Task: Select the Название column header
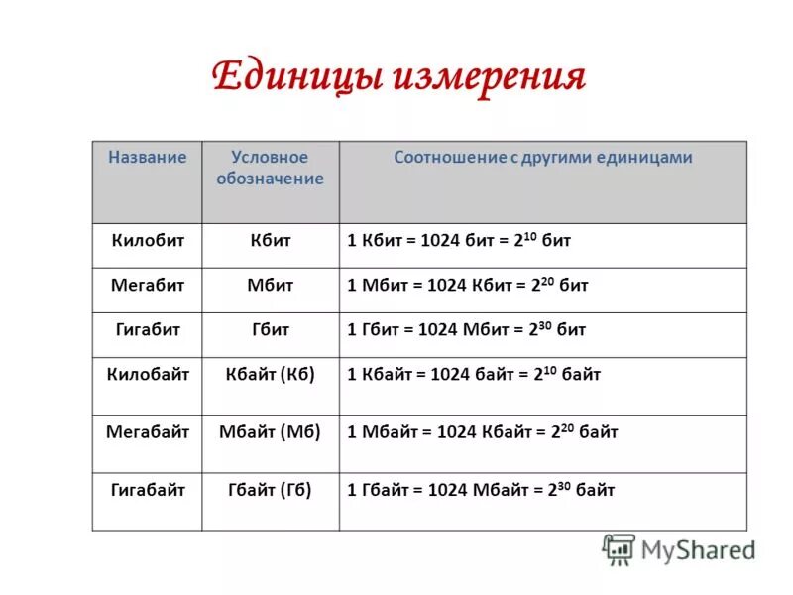(x=148, y=158)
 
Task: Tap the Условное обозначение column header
(x=270, y=168)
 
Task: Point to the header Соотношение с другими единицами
(x=542, y=158)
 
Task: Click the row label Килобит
(x=147, y=240)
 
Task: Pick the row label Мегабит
(x=147, y=285)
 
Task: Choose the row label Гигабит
(x=147, y=329)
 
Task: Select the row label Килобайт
(x=147, y=374)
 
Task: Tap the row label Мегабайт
(x=147, y=431)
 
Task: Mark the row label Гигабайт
(x=147, y=490)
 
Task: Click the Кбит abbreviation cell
(x=270, y=240)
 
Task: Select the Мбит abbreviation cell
(x=270, y=285)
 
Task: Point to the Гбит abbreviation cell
(x=270, y=329)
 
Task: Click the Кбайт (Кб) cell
(x=270, y=374)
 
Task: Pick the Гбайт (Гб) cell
(x=270, y=490)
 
